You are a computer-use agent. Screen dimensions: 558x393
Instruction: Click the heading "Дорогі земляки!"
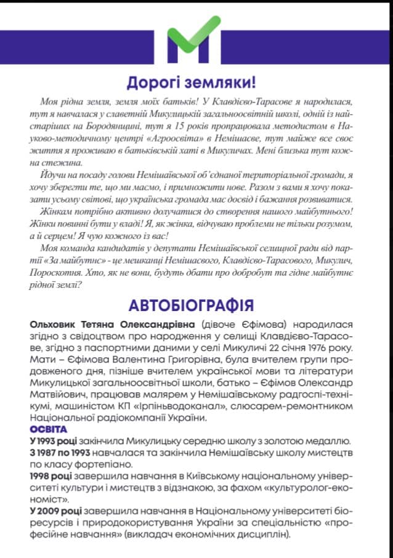pyautogui.click(x=190, y=83)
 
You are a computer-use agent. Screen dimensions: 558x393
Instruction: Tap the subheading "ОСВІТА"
pyautogui.click(x=48, y=429)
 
